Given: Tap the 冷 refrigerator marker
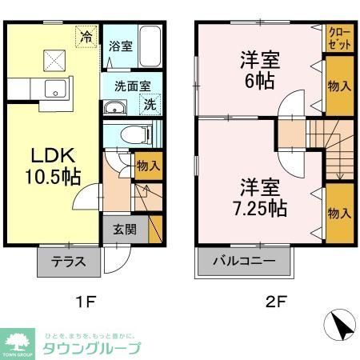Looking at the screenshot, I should pyautogui.click(x=86, y=35).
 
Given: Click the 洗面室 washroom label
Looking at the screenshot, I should pyautogui.click(x=126, y=86).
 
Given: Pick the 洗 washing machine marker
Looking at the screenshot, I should pyautogui.click(x=150, y=102).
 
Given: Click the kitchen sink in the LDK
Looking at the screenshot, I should pyautogui.click(x=54, y=90).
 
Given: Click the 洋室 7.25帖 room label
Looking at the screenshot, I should pyautogui.click(x=256, y=197).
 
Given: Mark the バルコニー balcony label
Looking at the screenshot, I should pyautogui.click(x=245, y=261).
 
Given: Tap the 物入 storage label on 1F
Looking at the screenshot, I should pyautogui.click(x=148, y=166).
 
